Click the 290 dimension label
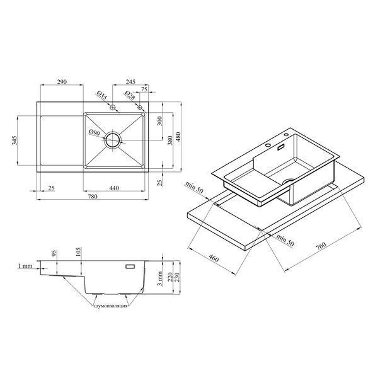(62, 82)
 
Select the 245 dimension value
(130, 82)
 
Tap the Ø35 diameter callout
(102, 95)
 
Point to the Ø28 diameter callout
(130, 95)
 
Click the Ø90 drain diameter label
(94, 132)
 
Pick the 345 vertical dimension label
(14, 140)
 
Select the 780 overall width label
(93, 197)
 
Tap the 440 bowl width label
(114, 188)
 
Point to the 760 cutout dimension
(321, 246)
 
